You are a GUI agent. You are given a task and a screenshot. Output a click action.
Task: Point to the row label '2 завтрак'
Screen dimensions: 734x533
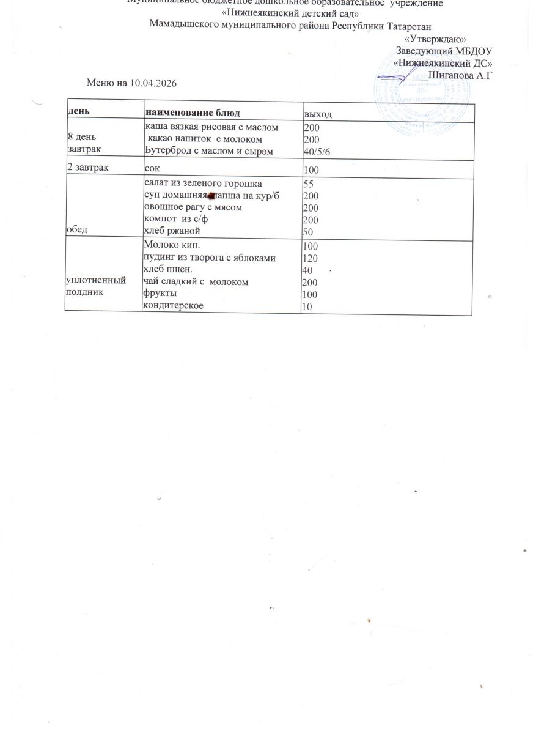point(89,165)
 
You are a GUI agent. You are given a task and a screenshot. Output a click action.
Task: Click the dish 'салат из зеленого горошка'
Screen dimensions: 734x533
point(203,183)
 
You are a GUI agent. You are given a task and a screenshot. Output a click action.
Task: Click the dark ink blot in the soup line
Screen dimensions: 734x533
point(210,195)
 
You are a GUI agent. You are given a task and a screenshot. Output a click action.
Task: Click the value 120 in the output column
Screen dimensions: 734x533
point(311,258)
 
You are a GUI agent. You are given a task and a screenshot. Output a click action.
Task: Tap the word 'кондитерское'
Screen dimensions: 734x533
point(173,305)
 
